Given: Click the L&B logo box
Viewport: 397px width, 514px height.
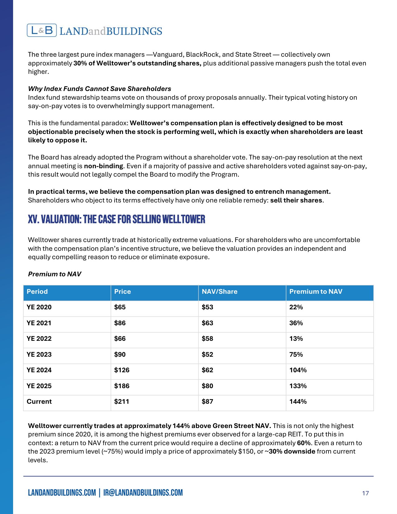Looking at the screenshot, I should (x=42, y=31).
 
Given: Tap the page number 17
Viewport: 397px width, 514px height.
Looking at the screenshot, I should (x=365, y=493).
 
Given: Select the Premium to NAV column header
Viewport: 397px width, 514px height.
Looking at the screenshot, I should (x=316, y=292).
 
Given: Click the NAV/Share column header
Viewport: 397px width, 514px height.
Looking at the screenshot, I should (x=220, y=292).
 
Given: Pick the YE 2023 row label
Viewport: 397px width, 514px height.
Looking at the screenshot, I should (x=39, y=355).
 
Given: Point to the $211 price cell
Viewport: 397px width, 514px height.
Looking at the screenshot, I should (x=122, y=402).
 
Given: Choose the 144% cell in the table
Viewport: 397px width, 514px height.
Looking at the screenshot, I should (x=298, y=402).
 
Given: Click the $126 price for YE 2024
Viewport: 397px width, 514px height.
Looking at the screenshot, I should (x=122, y=370).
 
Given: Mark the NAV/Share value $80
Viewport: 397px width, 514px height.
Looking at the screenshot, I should (x=207, y=386).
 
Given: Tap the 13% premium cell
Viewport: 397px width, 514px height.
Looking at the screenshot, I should (x=296, y=339).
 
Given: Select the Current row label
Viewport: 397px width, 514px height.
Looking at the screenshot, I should (x=39, y=402).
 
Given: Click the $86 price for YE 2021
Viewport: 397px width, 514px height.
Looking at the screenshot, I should (x=120, y=323).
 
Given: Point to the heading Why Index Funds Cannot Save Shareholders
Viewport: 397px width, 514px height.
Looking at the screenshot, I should (x=100, y=89).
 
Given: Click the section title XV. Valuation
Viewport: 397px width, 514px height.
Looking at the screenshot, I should (x=116, y=219).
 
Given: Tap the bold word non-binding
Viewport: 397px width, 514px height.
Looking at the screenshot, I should (x=104, y=166).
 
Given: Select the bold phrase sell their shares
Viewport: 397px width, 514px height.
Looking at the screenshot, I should (x=296, y=200).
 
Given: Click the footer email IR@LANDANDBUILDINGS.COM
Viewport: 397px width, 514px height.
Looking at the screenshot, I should (x=143, y=493).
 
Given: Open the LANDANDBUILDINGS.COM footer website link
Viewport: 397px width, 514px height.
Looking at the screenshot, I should (x=62, y=493).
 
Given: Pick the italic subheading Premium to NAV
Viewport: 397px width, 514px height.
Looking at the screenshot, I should (x=54, y=274).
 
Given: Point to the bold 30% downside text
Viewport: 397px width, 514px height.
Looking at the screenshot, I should (x=292, y=451).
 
